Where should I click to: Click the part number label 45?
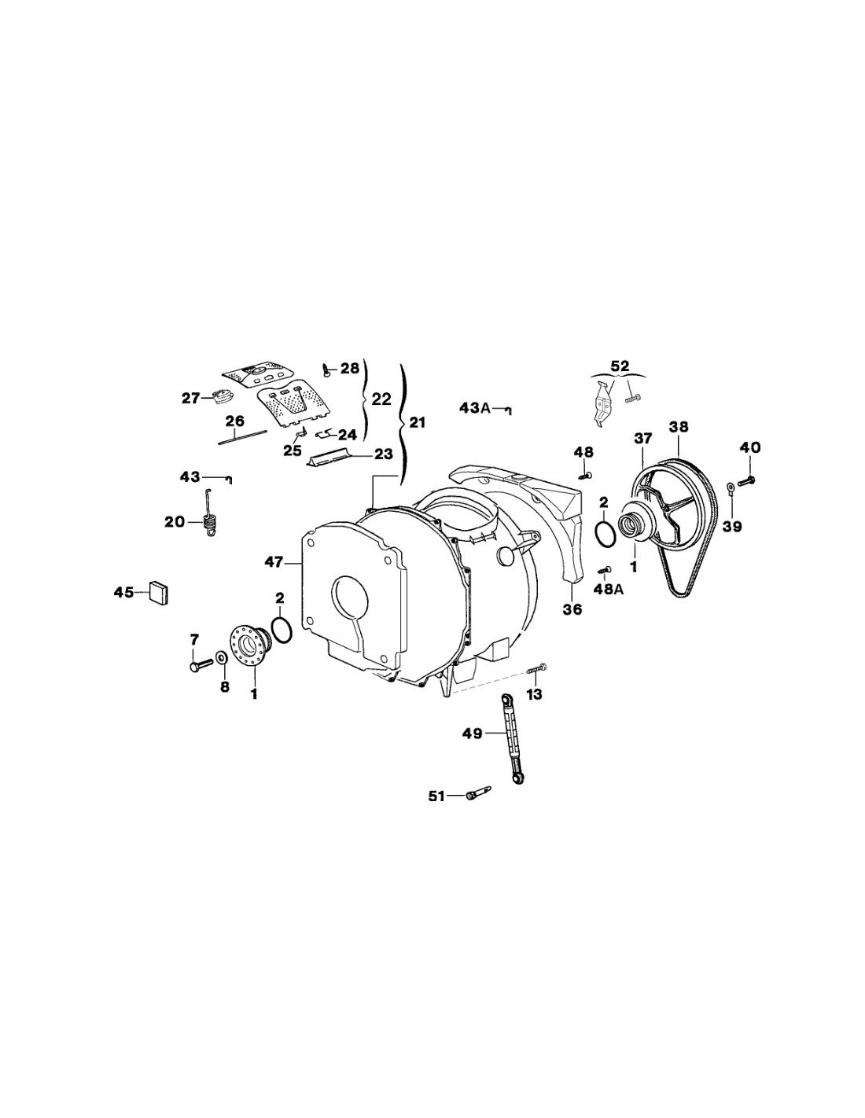[123, 593]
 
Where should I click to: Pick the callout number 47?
[274, 563]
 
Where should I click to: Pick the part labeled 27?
[223, 397]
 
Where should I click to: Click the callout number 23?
[384, 454]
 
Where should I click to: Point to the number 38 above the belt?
[679, 426]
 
